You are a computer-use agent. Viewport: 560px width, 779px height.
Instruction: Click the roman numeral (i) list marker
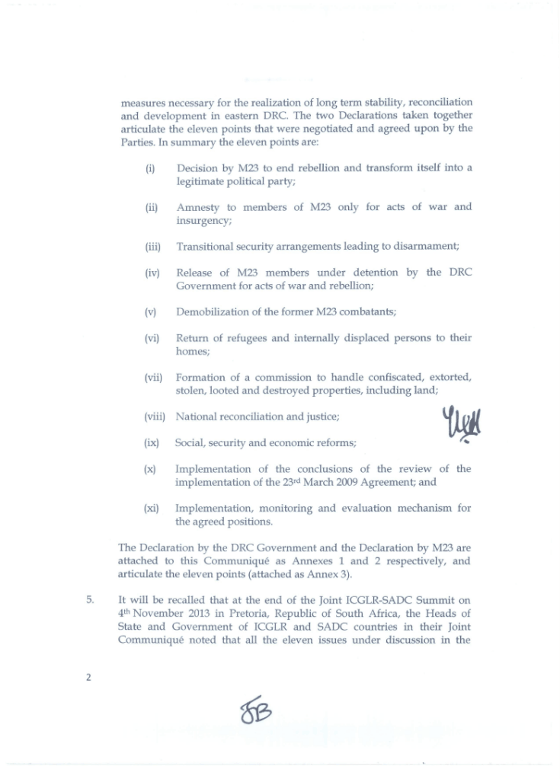(x=150, y=168)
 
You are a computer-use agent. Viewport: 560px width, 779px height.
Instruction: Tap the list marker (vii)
(x=154, y=377)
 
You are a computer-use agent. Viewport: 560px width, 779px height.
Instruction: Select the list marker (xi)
(x=152, y=508)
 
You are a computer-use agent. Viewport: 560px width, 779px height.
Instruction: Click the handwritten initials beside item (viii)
(x=462, y=423)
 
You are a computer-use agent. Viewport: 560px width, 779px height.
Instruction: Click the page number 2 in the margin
(x=88, y=677)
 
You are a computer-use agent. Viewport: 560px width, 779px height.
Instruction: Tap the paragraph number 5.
(x=90, y=599)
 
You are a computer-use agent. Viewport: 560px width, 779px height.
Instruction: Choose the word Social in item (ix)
(x=190, y=442)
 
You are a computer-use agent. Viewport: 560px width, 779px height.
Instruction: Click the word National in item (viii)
(x=197, y=417)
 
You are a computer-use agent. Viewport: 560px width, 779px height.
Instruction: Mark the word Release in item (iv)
(x=196, y=273)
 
